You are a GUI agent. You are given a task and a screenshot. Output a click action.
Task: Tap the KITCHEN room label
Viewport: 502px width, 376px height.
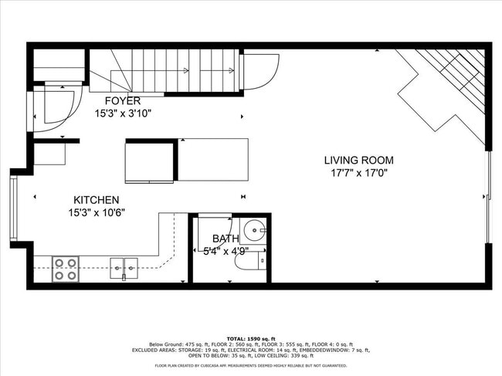point(96,200)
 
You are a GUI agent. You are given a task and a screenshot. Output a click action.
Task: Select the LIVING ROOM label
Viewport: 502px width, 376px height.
point(358,161)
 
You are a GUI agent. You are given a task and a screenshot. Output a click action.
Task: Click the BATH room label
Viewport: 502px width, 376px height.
point(226,239)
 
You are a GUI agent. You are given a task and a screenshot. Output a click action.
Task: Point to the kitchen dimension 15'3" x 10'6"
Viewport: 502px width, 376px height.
point(96,212)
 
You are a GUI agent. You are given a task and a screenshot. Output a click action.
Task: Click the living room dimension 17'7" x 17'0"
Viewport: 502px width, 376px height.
point(358,173)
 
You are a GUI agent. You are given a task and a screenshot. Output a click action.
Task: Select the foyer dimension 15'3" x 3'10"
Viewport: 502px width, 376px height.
point(122,113)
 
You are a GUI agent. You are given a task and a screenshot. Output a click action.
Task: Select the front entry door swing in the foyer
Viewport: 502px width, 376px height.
point(56,104)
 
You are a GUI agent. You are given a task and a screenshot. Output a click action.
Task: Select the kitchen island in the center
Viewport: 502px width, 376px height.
point(187,161)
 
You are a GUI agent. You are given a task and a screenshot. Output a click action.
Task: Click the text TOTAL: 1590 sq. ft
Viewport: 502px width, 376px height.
point(250,339)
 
